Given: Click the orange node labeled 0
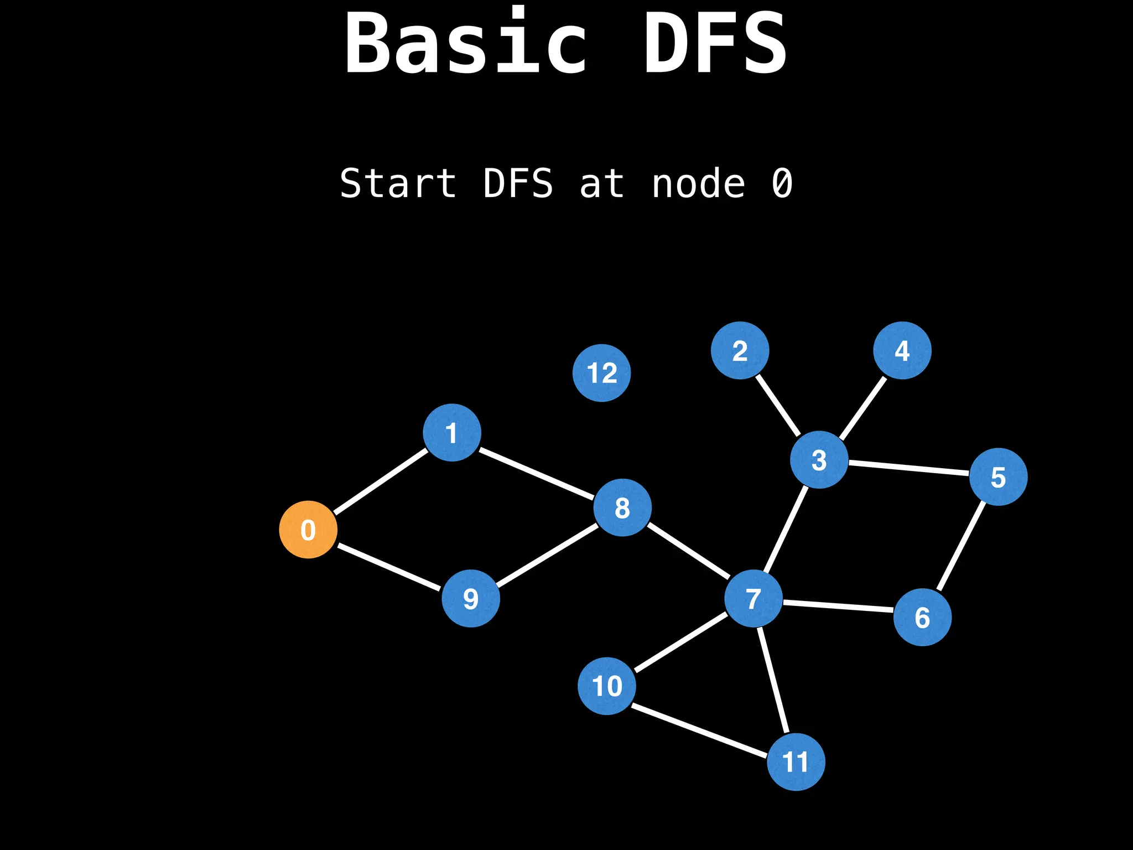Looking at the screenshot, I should [x=308, y=530].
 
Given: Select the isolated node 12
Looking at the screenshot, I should [x=601, y=372].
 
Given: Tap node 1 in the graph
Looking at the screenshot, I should [x=452, y=432].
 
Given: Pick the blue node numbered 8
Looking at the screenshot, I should [x=622, y=507].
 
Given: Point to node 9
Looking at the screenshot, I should [x=471, y=598].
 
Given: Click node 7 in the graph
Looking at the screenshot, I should [x=753, y=598].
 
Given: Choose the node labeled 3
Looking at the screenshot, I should [x=819, y=459].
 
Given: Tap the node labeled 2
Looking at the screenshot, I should [x=740, y=350].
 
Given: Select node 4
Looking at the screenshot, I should [x=902, y=350].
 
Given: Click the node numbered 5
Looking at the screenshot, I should [x=999, y=476].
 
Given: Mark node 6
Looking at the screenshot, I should [x=922, y=617].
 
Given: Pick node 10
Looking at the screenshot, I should [x=607, y=686].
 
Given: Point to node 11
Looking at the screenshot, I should [x=796, y=761].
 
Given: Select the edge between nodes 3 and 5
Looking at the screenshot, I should [x=909, y=468].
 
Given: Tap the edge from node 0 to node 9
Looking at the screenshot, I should [x=389, y=567].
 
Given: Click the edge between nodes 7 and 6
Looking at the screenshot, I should [x=838, y=607].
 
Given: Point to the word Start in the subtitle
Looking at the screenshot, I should [x=398, y=184].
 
